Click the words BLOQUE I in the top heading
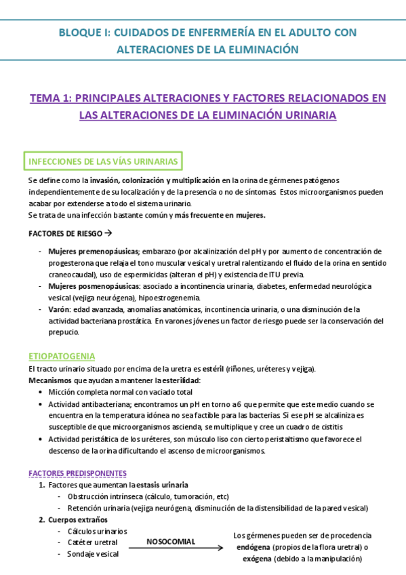point(82,32)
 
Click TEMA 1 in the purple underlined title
point(51,98)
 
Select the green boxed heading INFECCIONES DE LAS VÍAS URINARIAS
point(103,161)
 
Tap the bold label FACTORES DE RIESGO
point(62,233)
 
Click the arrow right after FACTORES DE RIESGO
point(107,233)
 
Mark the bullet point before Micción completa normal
point(43,392)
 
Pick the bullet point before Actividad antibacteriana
point(43,403)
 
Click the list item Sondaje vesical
point(93,554)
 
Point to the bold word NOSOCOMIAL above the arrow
point(171,541)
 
